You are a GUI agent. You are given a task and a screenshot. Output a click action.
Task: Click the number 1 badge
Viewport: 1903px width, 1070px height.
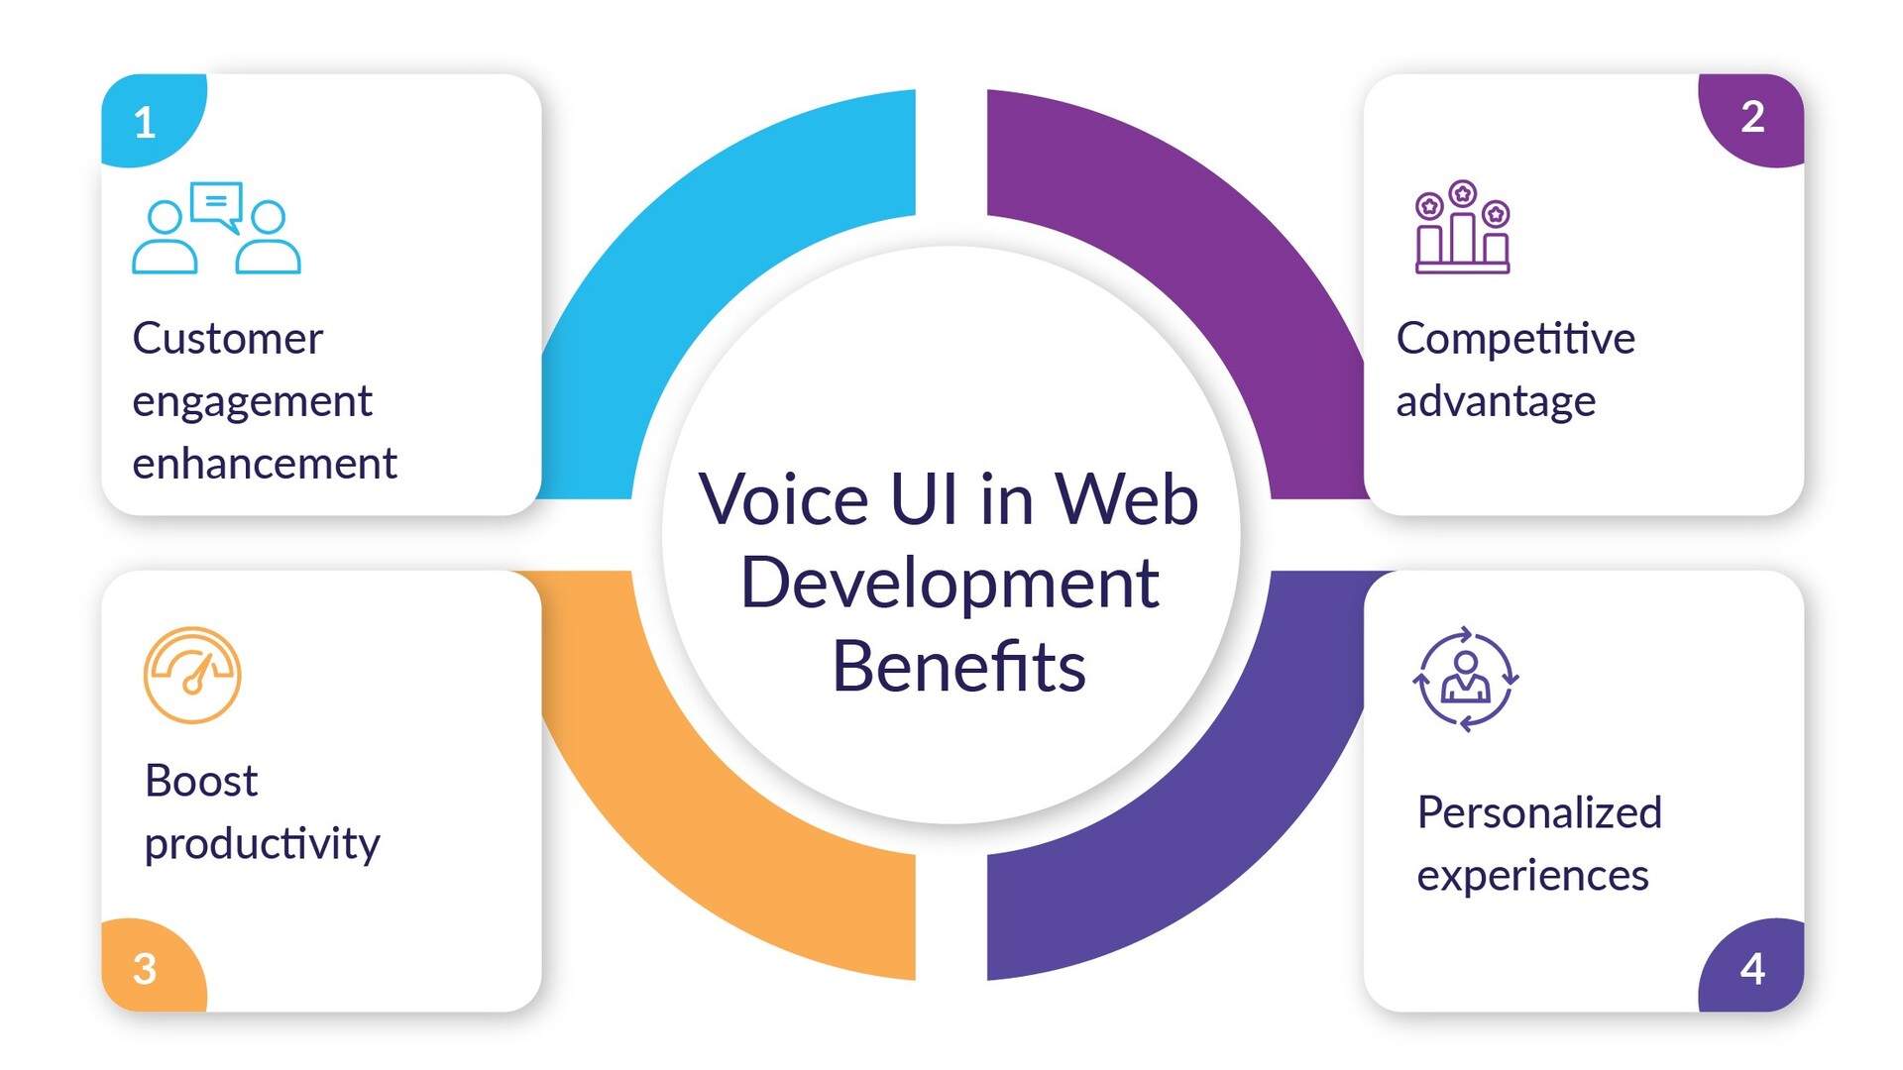pos(146,122)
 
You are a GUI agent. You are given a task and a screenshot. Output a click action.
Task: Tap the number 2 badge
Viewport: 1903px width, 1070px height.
pos(1752,117)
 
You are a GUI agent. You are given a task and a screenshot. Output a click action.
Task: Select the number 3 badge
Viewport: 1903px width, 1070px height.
pos(146,968)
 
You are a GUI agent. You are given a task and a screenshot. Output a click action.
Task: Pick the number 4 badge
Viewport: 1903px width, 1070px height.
pos(1752,968)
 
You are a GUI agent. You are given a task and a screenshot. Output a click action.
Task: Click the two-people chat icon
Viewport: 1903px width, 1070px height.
pos(216,228)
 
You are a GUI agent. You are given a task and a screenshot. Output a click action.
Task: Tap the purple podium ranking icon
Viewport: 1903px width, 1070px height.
pos(1462,227)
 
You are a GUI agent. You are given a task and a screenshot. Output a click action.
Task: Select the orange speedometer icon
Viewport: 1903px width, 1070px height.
pos(192,675)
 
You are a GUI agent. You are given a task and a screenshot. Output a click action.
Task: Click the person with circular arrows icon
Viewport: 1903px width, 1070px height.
pos(1465,679)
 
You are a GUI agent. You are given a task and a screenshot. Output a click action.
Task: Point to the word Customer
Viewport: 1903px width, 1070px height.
pos(227,339)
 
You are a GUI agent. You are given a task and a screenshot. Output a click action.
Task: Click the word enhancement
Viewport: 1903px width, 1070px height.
pos(265,464)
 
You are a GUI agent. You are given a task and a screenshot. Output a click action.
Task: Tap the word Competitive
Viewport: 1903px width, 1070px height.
pos(1515,339)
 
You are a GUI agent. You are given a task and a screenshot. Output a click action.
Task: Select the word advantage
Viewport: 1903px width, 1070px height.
pos(1496,402)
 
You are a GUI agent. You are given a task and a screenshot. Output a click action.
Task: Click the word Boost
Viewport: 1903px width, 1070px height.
pos(201,781)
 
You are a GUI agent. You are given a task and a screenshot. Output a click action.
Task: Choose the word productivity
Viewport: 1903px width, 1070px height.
pos(262,844)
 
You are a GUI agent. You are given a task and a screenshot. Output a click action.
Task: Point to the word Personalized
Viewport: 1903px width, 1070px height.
pos(1539,812)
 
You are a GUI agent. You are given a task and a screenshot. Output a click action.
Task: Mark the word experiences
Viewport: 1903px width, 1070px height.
pos(1532,876)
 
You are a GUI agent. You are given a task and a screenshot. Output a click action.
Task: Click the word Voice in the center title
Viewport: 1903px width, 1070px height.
pos(784,499)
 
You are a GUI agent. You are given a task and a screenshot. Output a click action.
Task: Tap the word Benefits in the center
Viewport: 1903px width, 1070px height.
pos(958,666)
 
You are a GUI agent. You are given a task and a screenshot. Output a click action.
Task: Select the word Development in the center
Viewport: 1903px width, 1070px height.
pos(950,584)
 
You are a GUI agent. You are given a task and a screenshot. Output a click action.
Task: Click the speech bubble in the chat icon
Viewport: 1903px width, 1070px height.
pos(217,204)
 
